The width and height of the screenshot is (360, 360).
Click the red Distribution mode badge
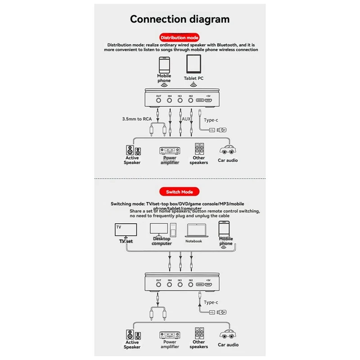pyautogui.click(x=180, y=38)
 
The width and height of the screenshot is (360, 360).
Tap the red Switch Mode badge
pyautogui.click(x=180, y=192)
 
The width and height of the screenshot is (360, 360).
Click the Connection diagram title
pyautogui.click(x=180, y=19)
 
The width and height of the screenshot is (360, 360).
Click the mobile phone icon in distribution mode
pyautogui.click(x=164, y=65)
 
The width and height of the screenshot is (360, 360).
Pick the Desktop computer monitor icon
pyautogui.click(x=158, y=229)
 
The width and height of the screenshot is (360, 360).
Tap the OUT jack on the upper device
pyautogui.click(x=159, y=102)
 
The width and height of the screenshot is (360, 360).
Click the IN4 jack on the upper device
pyautogui.click(x=170, y=102)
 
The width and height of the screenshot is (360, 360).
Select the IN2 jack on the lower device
pyautogui.click(x=190, y=284)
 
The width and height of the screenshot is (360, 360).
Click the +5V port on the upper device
pyautogui.click(x=208, y=102)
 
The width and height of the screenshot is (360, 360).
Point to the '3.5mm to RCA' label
pyautogui.click(x=137, y=119)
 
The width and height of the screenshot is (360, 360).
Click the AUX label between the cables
pyautogui.click(x=185, y=119)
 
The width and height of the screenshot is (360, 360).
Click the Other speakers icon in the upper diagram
pyautogui.click(x=198, y=149)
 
